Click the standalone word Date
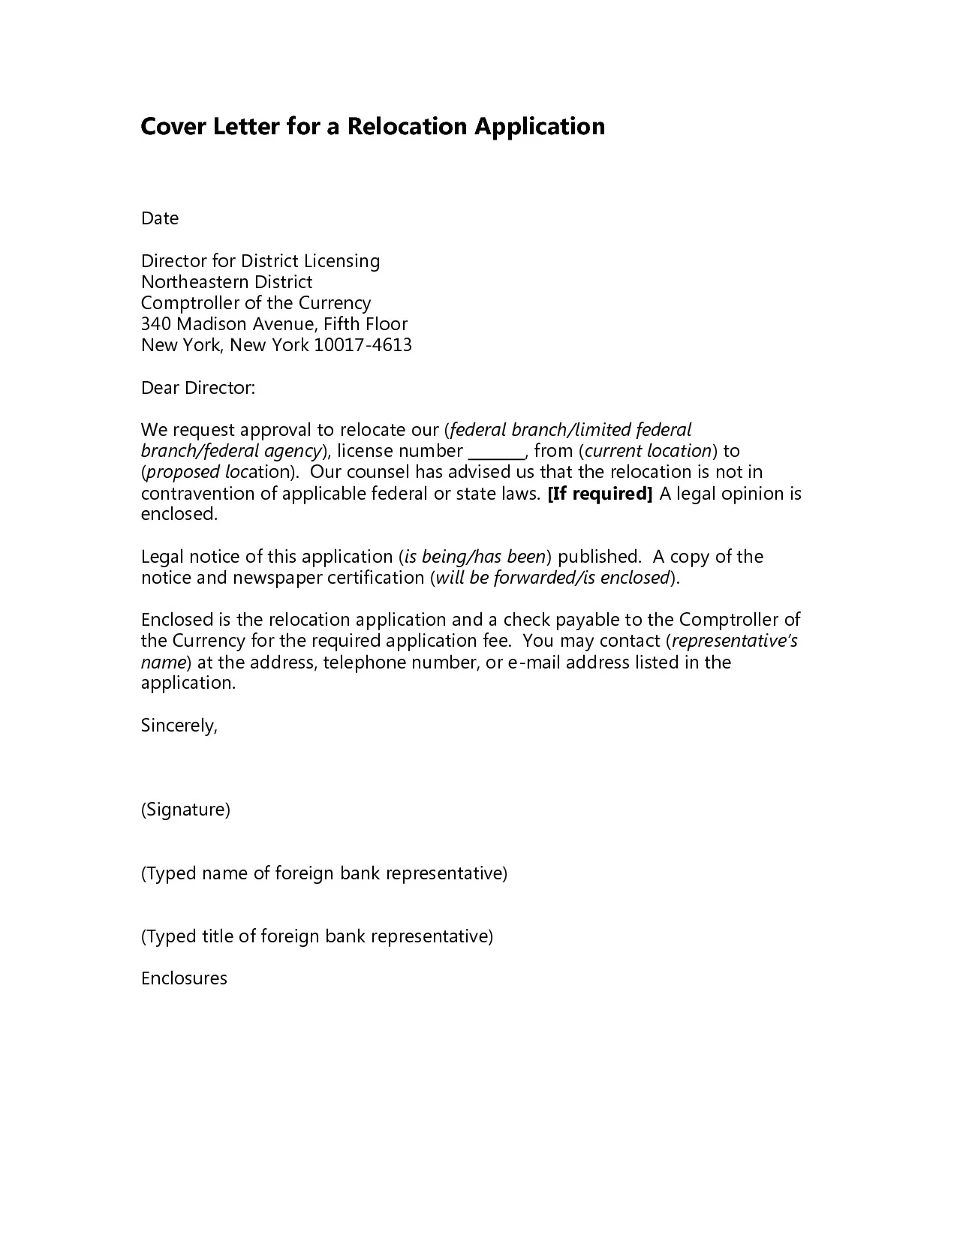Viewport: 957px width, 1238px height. [160, 218]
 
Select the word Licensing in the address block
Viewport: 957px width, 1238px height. [342, 261]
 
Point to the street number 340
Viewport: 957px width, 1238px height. [156, 324]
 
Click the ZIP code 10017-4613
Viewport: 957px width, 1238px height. [363, 345]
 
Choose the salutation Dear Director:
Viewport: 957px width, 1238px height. [198, 388]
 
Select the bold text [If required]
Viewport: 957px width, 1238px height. [600, 494]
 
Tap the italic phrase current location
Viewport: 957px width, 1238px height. [648, 451]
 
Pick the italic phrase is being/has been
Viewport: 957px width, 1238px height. [474, 557]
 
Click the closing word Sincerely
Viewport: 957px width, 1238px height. [179, 726]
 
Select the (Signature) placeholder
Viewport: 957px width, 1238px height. [185, 810]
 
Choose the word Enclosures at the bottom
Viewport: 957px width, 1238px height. [184, 978]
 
